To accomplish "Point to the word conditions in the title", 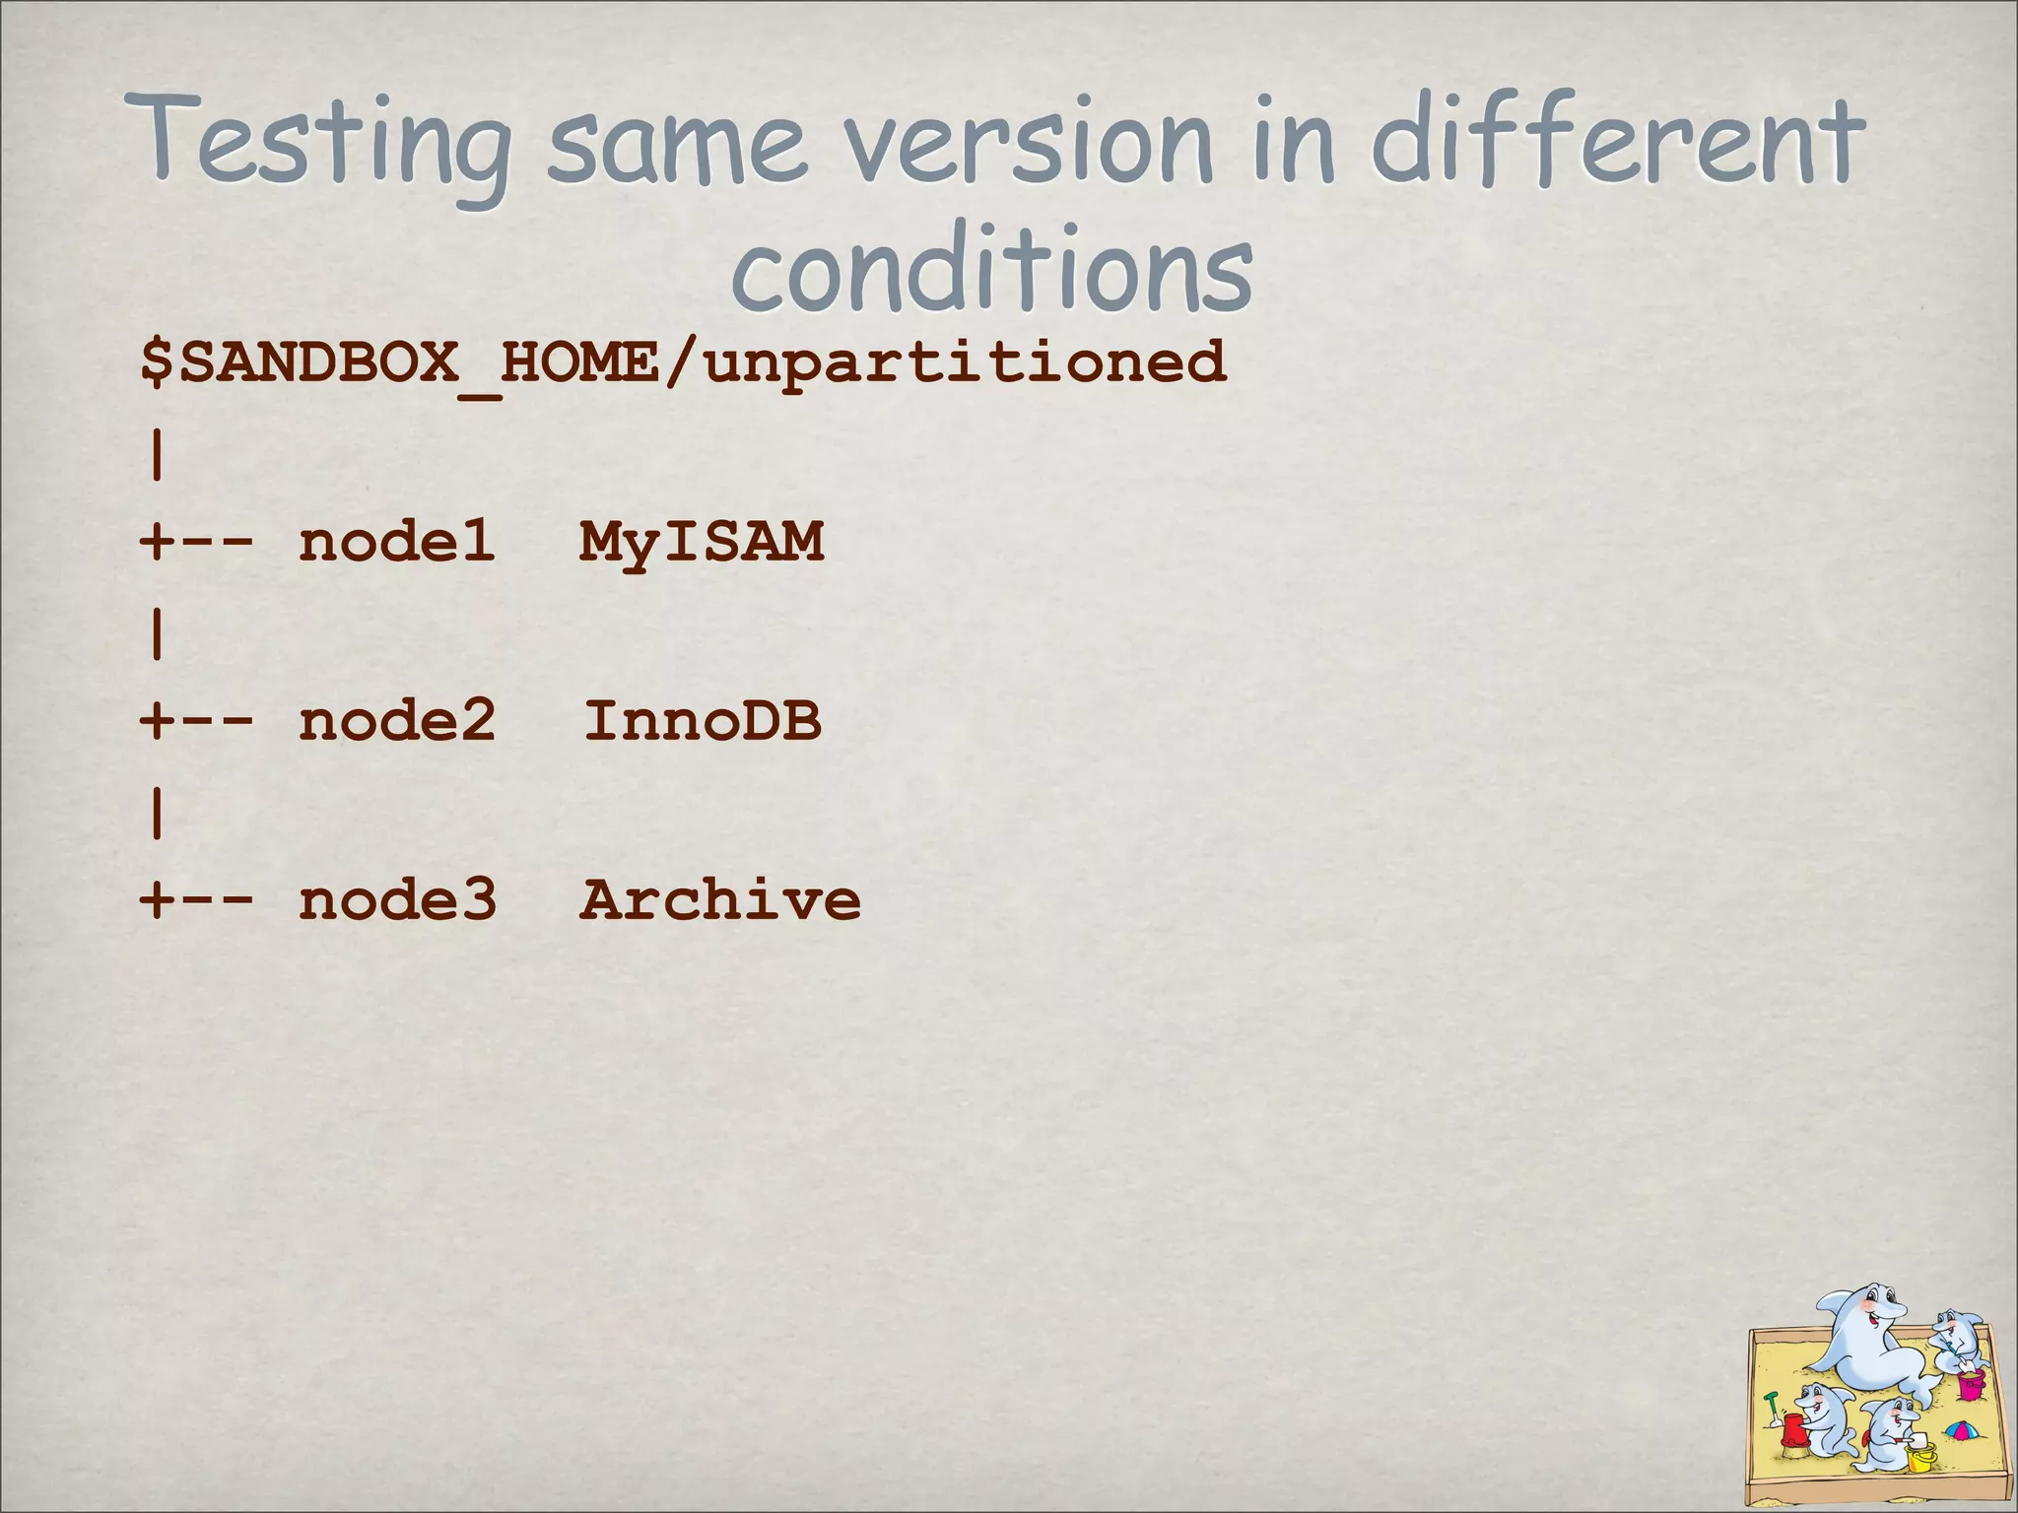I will [x=991, y=271].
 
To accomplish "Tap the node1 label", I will [x=396, y=542].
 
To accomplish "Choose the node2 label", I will [x=396, y=721].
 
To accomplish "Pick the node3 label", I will [x=397, y=900].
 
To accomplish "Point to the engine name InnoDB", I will [x=702, y=721].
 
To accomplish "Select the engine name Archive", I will [x=719, y=900].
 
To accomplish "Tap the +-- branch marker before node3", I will [x=197, y=900].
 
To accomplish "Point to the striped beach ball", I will [x=1961, y=1430].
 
